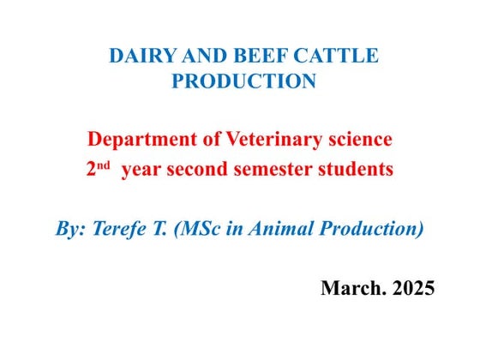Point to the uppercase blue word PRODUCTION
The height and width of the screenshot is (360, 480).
[x=243, y=81]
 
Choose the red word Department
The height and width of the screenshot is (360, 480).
[x=141, y=140]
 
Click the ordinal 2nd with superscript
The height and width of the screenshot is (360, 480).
[x=98, y=169]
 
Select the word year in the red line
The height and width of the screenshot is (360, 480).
[x=141, y=171]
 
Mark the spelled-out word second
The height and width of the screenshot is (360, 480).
[x=195, y=170]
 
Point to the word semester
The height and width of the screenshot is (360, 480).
[x=272, y=170]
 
